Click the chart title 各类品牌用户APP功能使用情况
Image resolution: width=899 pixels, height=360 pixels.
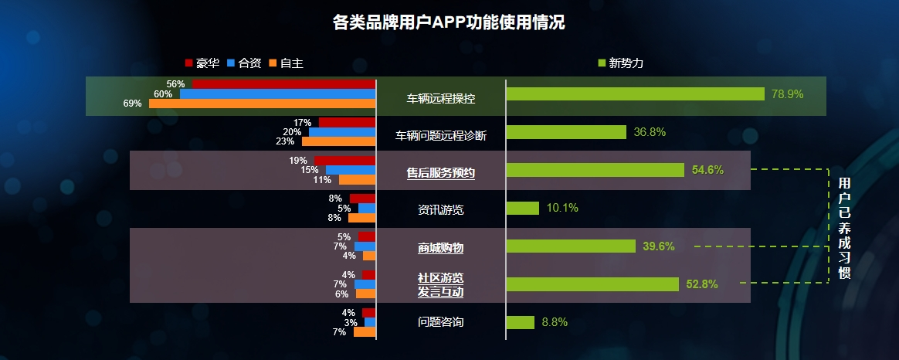[449, 22]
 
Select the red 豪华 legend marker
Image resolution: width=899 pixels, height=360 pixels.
[189, 63]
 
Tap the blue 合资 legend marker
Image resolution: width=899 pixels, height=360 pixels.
[231, 63]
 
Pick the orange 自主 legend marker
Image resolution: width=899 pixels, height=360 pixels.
[273, 63]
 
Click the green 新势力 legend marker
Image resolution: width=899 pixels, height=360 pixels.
[602, 63]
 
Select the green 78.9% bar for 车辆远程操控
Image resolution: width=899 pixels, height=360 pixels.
[636, 94]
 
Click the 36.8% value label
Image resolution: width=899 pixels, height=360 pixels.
[650, 132]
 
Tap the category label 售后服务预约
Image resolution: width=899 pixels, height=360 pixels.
[441, 173]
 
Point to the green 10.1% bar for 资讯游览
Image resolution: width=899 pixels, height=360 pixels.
[523, 209]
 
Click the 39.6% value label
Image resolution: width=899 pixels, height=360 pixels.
[659, 246]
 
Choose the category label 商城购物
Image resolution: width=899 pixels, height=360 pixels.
[441, 248]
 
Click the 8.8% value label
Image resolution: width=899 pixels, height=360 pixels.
[555, 322]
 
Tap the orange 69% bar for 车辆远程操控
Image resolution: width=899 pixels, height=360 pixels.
[262, 104]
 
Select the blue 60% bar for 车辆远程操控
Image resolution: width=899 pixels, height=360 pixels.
[277, 93]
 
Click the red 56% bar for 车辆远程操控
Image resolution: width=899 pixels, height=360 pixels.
[283, 83]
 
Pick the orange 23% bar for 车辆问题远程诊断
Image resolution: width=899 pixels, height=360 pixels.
[338, 141]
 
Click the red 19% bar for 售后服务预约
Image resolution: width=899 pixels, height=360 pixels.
[344, 161]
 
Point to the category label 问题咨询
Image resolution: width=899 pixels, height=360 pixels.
[441, 322]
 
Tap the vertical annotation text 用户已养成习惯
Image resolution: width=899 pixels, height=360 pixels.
[844, 227]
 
